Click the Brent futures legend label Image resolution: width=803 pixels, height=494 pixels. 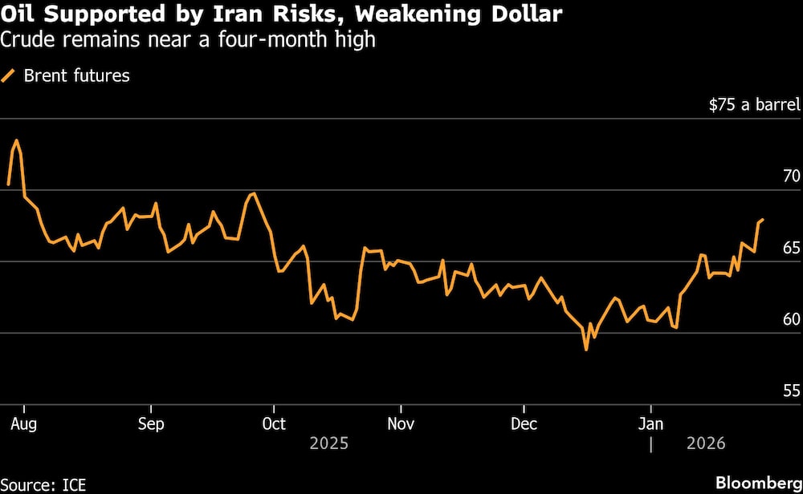(x=77, y=76)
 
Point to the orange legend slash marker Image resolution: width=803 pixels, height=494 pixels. (x=10, y=76)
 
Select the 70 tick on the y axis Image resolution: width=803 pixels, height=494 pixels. (x=791, y=176)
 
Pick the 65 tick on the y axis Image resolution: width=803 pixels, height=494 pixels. (x=791, y=248)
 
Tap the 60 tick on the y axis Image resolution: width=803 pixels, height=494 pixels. (x=791, y=319)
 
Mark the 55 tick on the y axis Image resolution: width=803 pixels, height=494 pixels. (x=791, y=391)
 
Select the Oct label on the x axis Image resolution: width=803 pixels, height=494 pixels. (x=274, y=423)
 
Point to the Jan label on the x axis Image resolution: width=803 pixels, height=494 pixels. (x=650, y=423)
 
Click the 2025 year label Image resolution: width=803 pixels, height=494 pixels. (x=328, y=443)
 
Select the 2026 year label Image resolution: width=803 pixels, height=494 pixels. (x=705, y=443)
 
